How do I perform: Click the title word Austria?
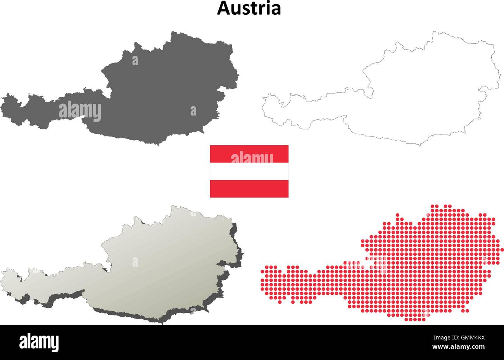tap(249, 8)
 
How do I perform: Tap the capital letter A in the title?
tap(223, 8)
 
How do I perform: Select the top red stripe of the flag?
tap(249, 153)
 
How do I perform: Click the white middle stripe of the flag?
tap(249, 171)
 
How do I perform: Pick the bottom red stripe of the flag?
tap(249, 189)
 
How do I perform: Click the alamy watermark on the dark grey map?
tap(80, 111)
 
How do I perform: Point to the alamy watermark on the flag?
tap(252, 158)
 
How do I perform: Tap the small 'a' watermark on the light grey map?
tap(135, 262)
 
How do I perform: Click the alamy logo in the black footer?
tap(39, 342)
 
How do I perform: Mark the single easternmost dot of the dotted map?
tap(502, 250)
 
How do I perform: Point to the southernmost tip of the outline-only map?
tap(420, 145)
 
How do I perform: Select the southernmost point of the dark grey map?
tap(157, 145)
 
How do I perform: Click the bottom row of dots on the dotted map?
tap(415, 319)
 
